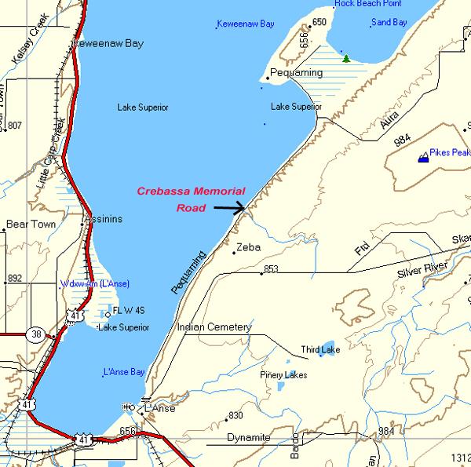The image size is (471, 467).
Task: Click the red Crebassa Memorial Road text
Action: [191, 199]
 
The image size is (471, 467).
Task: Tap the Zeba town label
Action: [248, 247]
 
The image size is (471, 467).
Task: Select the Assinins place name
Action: [104, 219]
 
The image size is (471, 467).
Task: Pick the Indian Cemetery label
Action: [214, 327]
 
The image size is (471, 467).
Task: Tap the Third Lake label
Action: [320, 350]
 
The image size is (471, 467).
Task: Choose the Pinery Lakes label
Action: [284, 375]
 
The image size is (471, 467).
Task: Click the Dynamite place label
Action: [249, 437]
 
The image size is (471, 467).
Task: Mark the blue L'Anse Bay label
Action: [124, 371]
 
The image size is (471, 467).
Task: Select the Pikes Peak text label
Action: [450, 152]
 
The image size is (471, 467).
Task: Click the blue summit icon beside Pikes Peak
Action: [424, 157]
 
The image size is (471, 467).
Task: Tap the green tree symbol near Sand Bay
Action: [345, 58]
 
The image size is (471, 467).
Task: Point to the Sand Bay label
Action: [389, 22]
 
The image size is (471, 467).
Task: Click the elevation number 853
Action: [272, 270]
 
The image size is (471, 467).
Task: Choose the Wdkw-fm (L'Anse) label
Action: [94, 283]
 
